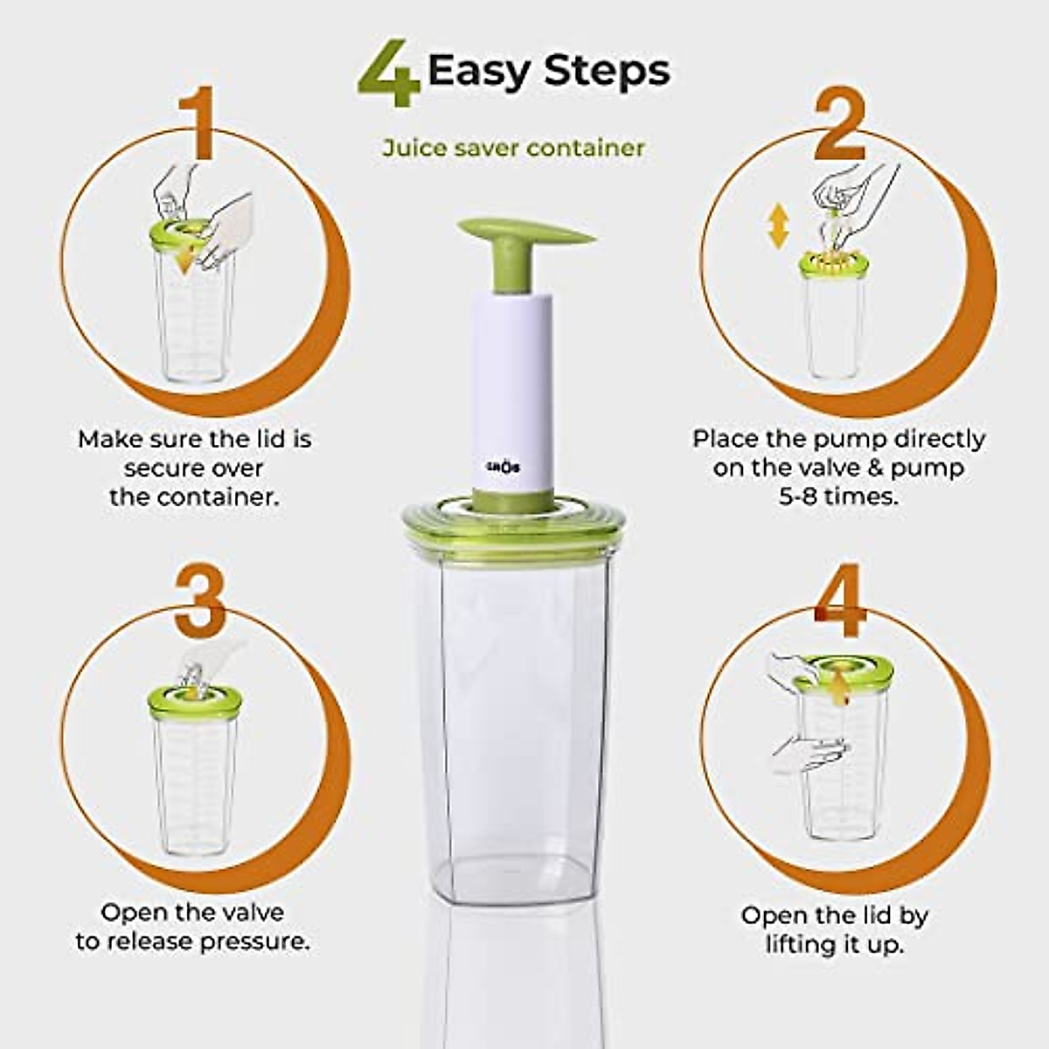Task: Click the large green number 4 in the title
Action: pos(390,73)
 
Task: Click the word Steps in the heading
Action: pos(608,70)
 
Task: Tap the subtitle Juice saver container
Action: pos(513,148)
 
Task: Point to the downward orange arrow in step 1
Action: pos(184,258)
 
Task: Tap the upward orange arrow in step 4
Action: pos(840,687)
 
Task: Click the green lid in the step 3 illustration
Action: pos(194,704)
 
